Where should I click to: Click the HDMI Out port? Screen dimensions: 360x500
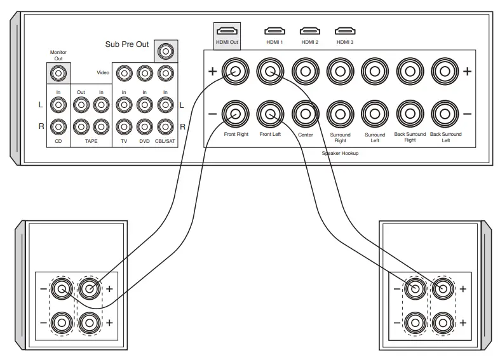[x=226, y=30]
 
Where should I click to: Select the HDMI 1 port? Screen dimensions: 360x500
[x=274, y=30]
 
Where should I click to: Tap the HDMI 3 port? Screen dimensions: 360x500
[x=344, y=30]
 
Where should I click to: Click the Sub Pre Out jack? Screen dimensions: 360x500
[x=166, y=51]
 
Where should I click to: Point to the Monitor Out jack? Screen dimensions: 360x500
[x=58, y=74]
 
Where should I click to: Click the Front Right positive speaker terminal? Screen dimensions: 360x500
[x=235, y=72]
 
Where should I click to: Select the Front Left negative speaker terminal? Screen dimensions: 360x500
[x=270, y=114]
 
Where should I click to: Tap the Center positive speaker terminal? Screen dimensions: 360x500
[x=305, y=72]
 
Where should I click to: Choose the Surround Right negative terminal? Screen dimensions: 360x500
[x=340, y=114]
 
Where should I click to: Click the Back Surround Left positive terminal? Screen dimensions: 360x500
[x=445, y=72]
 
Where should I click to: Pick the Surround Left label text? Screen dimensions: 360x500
[x=375, y=137]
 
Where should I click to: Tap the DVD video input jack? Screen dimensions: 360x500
[x=145, y=73]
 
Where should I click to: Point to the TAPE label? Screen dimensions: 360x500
[x=90, y=142]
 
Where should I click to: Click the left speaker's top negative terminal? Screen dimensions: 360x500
[x=62, y=290]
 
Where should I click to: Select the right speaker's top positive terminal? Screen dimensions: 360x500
[x=443, y=290]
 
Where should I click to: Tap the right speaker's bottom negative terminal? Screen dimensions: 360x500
[x=415, y=322]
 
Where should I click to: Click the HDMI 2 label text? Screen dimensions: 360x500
[x=310, y=43]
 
